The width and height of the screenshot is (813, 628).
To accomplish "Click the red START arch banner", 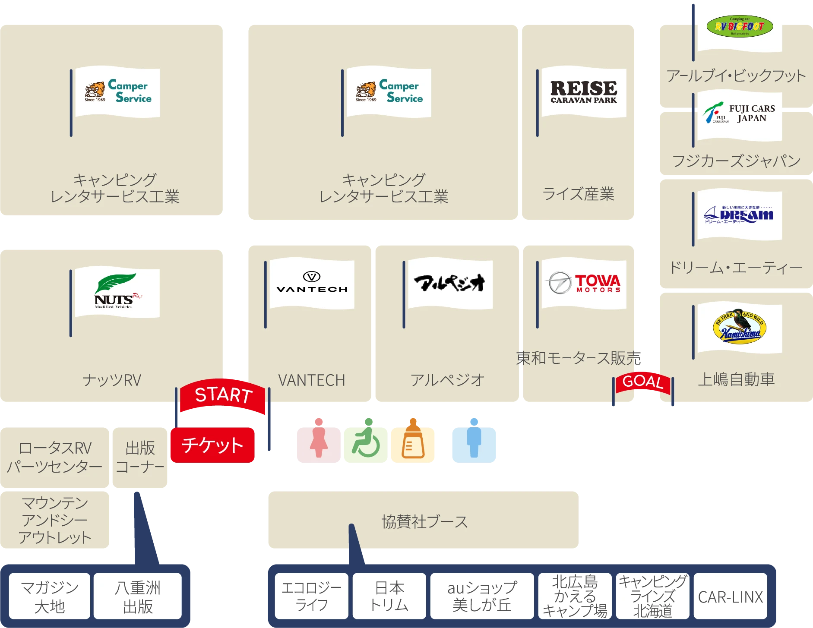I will click(223, 395).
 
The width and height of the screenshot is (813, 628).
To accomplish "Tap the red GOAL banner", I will click(642, 382).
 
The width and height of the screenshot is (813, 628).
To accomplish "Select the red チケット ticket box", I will click(212, 445).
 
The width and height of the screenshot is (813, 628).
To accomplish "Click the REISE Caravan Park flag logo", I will click(584, 92).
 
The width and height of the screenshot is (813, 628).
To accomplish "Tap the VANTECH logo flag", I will click(312, 284).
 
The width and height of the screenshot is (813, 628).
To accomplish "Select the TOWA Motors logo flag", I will click(584, 284).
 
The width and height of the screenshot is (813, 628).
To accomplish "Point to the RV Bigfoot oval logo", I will click(740, 27).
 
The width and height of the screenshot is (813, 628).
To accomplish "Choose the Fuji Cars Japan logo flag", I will click(740, 114).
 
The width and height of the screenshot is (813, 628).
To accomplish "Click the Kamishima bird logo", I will click(740, 327).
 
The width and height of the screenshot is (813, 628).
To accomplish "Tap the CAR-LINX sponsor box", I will click(730, 597).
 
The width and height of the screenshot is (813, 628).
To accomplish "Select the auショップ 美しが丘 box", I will click(482, 597).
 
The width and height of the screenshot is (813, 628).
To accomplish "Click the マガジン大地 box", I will click(50, 597).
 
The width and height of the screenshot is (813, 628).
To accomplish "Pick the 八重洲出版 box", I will click(138, 597).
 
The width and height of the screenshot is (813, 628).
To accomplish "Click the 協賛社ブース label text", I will click(424, 522).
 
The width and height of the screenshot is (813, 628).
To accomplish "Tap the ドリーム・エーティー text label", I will click(736, 268).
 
